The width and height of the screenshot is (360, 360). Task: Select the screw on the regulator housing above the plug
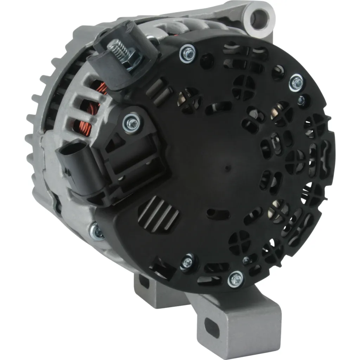point(132,123)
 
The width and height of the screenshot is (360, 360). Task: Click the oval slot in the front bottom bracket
point(212,327)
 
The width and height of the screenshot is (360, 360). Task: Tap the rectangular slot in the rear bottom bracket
point(144,281)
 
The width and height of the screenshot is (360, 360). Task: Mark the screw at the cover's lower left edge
point(187,262)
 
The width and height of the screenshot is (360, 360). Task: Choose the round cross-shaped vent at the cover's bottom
point(239,242)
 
